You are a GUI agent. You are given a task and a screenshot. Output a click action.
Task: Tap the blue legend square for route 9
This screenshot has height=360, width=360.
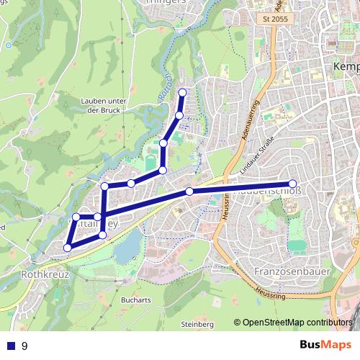pos(11,346)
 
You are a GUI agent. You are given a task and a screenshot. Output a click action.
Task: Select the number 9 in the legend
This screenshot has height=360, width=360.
pos(25,346)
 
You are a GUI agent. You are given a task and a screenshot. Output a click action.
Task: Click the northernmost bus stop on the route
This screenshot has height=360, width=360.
pos(182,92)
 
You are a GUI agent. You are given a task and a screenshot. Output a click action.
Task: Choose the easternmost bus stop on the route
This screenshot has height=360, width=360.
pos(292,184)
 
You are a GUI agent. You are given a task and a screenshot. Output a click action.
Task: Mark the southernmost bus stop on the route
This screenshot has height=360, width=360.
pos(68,248)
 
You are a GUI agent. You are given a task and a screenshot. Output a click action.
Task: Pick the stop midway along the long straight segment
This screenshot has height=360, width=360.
pos(189,192)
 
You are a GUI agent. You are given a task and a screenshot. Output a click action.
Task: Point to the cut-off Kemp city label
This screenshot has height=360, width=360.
pos(347,66)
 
